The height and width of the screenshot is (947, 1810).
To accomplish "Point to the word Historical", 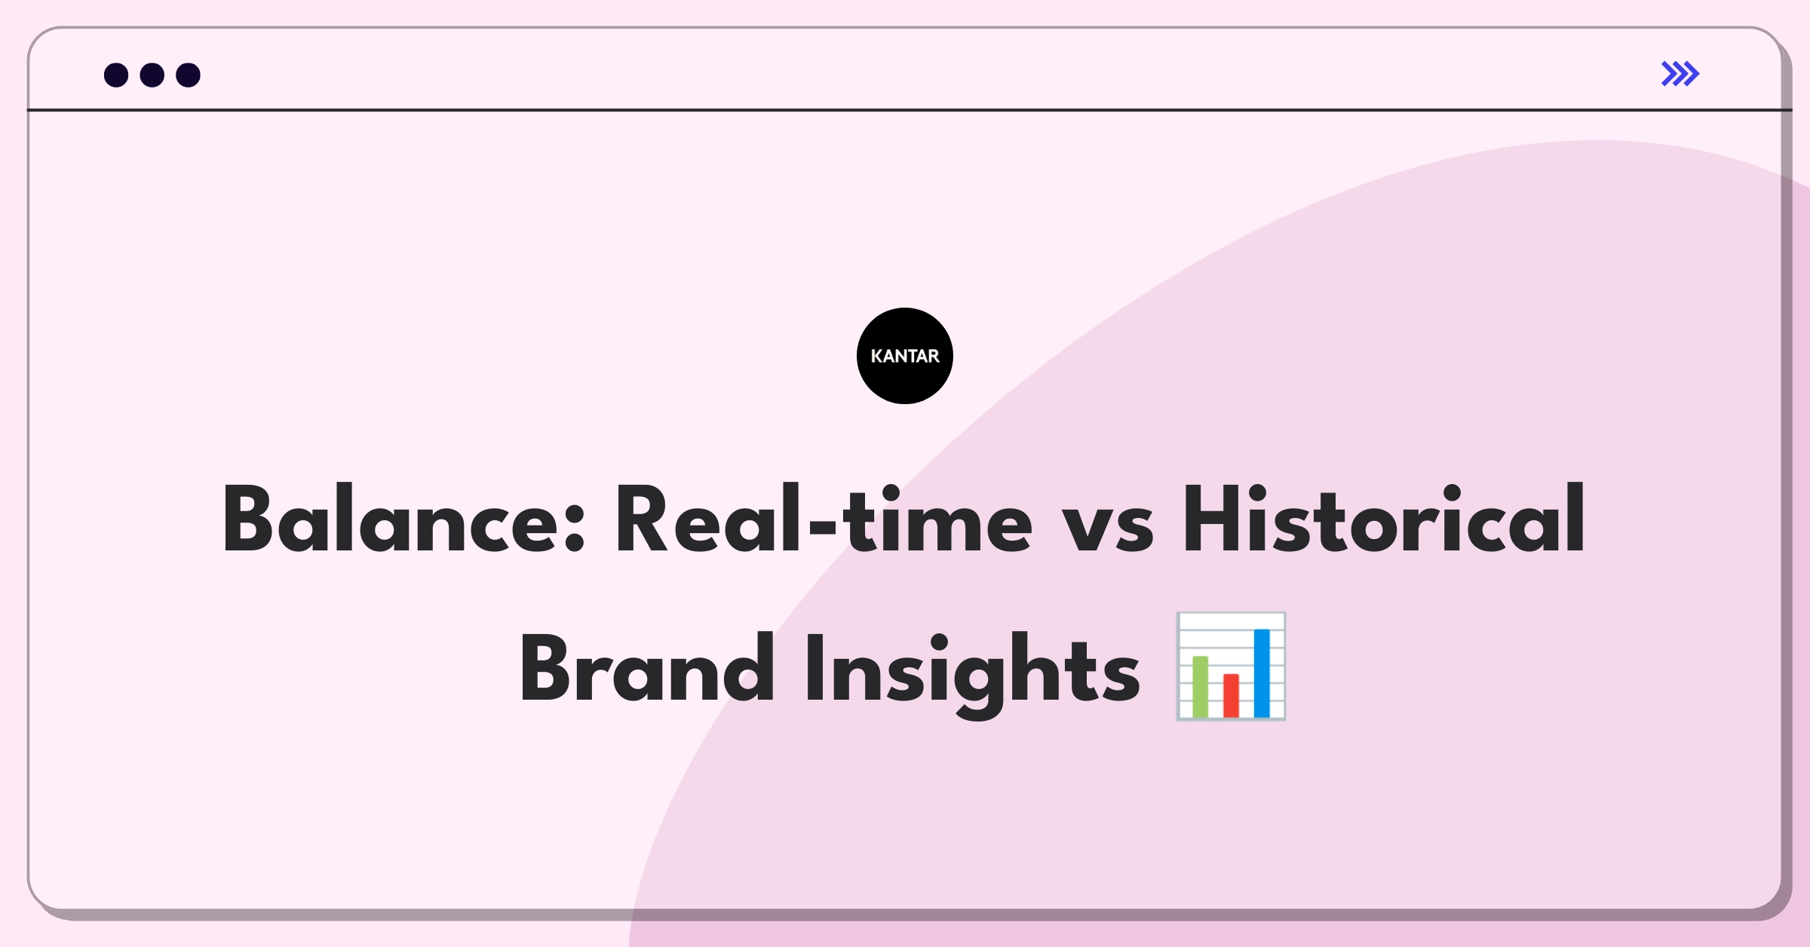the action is click(1384, 519).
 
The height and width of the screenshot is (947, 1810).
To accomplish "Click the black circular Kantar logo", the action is click(905, 356).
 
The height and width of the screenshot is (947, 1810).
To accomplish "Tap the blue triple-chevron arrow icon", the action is click(1680, 74).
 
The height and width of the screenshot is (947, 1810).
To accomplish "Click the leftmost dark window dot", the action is click(116, 75).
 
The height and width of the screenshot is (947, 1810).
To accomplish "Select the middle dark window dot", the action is click(152, 75).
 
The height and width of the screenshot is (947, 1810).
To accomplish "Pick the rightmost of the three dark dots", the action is click(189, 75).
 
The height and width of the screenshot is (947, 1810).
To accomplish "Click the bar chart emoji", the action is click(1231, 667).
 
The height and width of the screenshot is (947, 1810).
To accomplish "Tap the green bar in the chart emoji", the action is click(1200, 687).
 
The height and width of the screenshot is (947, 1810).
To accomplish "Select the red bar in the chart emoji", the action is click(1231, 696).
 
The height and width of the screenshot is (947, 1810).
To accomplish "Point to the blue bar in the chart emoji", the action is click(1262, 673).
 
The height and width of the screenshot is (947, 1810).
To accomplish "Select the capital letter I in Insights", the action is click(814, 669).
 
